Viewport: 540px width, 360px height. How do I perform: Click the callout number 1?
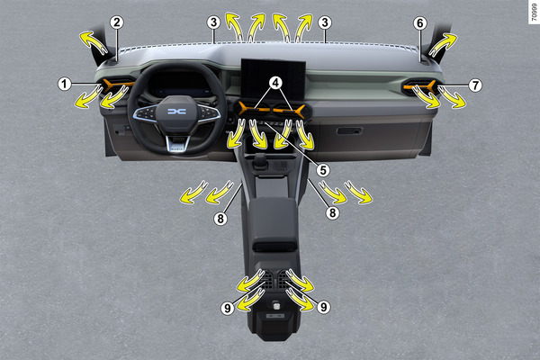click(x=64, y=84)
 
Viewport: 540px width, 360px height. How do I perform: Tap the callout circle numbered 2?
click(x=117, y=22)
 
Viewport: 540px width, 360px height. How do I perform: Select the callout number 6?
click(x=419, y=23)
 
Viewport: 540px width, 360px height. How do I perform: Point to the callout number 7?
click(x=475, y=85)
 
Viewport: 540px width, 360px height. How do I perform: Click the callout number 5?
click(x=323, y=170)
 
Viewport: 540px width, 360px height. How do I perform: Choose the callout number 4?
click(x=275, y=83)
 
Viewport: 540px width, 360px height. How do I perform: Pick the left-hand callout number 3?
click(x=213, y=22)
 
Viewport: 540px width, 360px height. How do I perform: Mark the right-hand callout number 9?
click(x=323, y=307)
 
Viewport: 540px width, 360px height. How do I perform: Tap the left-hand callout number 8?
click(x=220, y=219)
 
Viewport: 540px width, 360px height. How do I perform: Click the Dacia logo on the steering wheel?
click(x=176, y=112)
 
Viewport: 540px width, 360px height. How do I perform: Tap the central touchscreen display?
click(x=273, y=78)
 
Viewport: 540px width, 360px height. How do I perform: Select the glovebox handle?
click(x=349, y=130)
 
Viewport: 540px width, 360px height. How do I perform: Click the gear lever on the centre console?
click(x=261, y=161)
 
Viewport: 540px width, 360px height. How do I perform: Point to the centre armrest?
click(x=274, y=220)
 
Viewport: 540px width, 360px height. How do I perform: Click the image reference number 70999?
click(x=534, y=12)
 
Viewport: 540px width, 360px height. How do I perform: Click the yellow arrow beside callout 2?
click(x=94, y=42)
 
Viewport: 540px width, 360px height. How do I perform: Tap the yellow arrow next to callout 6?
click(x=443, y=45)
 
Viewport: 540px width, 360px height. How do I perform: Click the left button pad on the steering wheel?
click(x=146, y=112)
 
